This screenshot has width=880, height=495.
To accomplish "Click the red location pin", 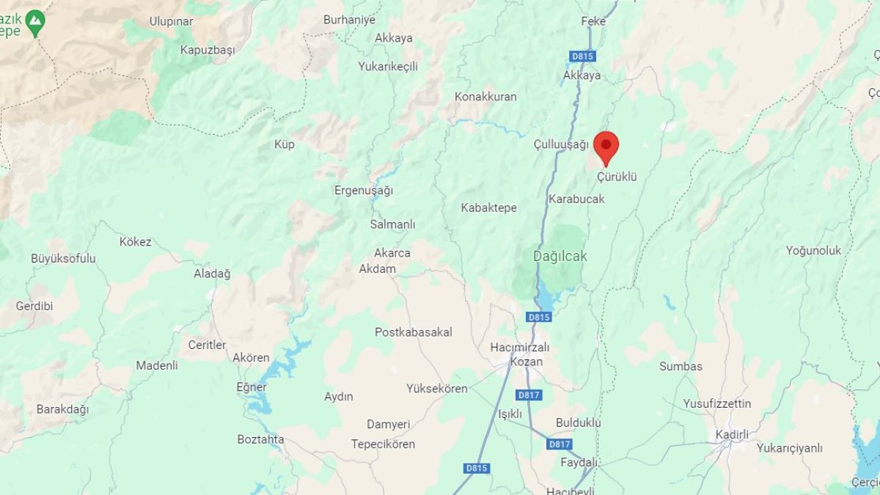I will [x=606, y=147].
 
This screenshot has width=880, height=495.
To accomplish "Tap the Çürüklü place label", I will [x=617, y=177].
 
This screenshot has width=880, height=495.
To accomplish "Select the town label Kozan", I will [x=527, y=362].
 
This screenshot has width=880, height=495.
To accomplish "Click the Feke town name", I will [x=593, y=21].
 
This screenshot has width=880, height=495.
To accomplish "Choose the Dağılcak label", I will [x=560, y=257].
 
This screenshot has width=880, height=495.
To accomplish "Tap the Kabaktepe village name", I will [x=488, y=208].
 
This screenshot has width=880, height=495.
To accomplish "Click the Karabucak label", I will [x=576, y=199].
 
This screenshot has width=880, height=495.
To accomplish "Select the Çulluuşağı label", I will [x=561, y=144].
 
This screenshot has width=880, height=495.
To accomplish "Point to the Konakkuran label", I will [x=485, y=97].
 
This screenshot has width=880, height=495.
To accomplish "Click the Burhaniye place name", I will [x=349, y=20].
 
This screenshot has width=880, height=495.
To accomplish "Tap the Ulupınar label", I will [x=171, y=21].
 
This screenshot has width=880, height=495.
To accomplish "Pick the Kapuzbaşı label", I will [x=208, y=50].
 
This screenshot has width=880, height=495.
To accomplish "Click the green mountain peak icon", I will [x=34, y=23].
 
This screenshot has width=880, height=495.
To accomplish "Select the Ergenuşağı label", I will [x=364, y=191].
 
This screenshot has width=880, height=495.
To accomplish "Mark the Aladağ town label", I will [x=212, y=274].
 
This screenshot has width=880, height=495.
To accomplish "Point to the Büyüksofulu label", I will [x=63, y=258].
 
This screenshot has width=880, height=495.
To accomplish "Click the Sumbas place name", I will [x=681, y=366].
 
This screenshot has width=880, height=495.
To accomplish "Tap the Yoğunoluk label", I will [x=814, y=251].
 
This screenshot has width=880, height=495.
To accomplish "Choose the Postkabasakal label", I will [x=414, y=332].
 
